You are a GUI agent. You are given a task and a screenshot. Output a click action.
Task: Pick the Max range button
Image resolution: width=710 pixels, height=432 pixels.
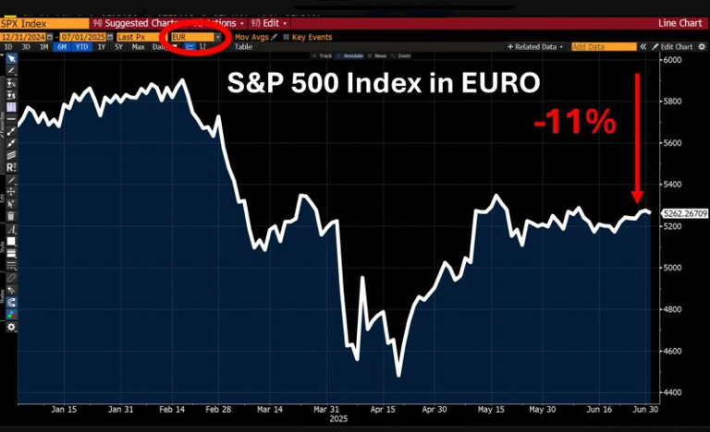tap(139, 46)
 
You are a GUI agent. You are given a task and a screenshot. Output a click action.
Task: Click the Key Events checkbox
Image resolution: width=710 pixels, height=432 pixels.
tap(286, 37)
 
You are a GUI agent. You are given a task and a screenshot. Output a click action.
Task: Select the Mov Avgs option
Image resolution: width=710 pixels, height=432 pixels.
tap(251, 37)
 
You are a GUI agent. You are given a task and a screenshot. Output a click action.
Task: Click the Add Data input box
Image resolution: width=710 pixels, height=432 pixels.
tap(591, 46)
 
